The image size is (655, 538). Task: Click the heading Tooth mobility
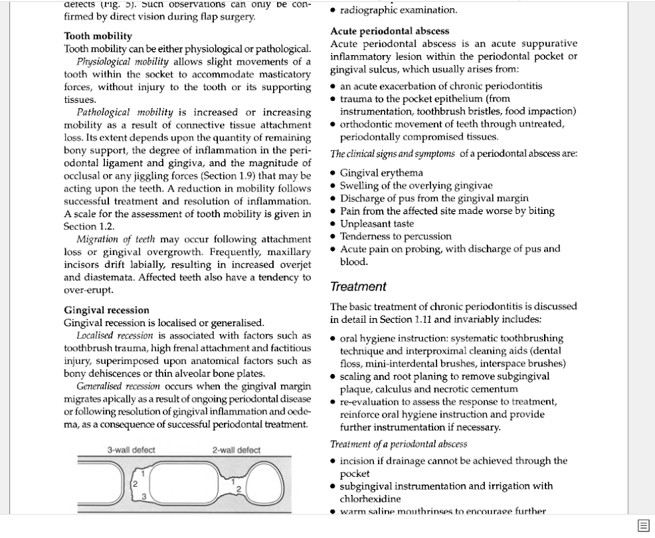(x=98, y=36)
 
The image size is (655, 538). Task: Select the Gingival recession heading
(x=107, y=310)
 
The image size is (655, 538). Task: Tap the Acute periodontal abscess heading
(x=389, y=31)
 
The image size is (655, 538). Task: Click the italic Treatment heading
(x=358, y=287)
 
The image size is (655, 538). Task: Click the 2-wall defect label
(x=236, y=450)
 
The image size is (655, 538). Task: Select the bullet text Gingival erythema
(x=381, y=173)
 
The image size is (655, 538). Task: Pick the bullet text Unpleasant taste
(x=377, y=223)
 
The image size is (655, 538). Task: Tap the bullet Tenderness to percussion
(x=395, y=236)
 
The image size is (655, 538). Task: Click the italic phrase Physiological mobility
(x=122, y=61)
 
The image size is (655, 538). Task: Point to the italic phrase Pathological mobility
(x=124, y=112)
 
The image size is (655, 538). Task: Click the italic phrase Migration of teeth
(x=116, y=239)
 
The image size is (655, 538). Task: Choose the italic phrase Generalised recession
(x=118, y=387)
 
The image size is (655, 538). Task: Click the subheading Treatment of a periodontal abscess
(x=398, y=444)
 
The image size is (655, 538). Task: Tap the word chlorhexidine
(x=370, y=499)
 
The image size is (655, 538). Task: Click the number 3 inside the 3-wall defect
(x=143, y=496)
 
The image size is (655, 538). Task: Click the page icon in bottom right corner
(x=643, y=526)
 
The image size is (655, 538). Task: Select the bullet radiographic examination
(x=398, y=10)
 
